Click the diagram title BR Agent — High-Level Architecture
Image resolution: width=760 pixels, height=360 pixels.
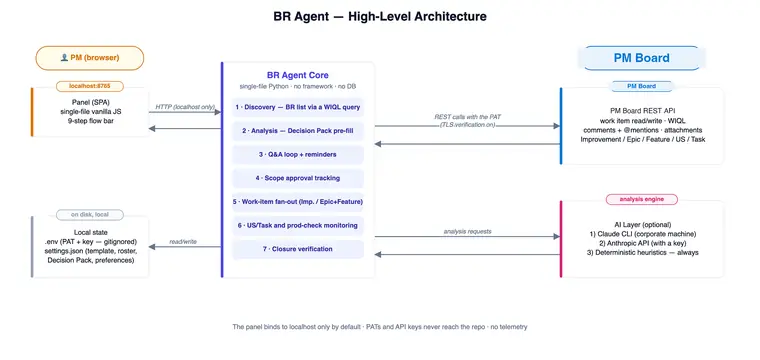click(380, 16)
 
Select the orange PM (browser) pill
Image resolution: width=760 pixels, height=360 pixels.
click(90, 58)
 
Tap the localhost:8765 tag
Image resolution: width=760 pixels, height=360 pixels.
click(90, 86)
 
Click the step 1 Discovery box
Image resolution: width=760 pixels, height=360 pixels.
click(298, 107)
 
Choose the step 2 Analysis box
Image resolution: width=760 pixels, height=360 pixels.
click(298, 131)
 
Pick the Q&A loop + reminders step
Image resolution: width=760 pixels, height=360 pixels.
click(298, 155)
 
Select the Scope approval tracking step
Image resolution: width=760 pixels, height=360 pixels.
click(298, 178)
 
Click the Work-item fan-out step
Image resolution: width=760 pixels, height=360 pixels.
click(298, 202)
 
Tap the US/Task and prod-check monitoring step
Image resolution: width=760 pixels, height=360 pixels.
click(298, 225)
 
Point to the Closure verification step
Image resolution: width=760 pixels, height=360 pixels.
click(298, 249)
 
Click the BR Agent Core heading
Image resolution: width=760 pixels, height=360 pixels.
click(298, 75)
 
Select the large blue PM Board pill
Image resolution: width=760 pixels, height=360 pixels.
click(642, 58)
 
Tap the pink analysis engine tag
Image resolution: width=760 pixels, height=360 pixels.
click(642, 199)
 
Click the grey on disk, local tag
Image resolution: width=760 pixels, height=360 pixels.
click(90, 215)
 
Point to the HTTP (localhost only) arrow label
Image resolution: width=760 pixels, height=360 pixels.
click(185, 107)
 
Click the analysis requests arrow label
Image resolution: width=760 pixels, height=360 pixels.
click(467, 232)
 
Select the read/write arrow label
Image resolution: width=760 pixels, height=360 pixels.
click(183, 241)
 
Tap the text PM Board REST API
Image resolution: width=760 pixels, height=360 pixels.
click(643, 110)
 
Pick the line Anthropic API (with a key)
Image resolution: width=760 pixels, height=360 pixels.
click(642, 243)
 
